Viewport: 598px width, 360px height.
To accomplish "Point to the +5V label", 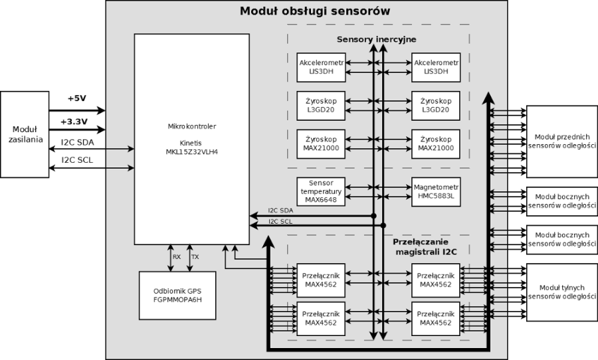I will tap(77, 98).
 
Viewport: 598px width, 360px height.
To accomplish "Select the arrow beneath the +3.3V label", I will tap(76, 130).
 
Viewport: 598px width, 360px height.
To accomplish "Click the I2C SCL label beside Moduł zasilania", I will tap(77, 160).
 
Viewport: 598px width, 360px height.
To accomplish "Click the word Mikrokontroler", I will tap(191, 126).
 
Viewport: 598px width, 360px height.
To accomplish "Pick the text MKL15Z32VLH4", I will tap(191, 151).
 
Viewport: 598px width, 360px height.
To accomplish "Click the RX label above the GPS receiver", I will tap(177, 256).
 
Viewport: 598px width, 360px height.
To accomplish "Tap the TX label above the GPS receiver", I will tap(195, 256).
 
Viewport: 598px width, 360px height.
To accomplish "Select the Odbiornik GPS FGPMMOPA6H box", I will tap(177, 295).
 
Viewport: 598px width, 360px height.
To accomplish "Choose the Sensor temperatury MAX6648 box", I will tap(321, 191).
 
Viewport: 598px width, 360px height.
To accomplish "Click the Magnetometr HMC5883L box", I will tap(437, 191).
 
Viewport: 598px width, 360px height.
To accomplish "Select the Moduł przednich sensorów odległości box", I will tap(561, 141).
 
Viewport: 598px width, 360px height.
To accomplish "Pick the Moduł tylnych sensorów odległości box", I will tap(561, 292).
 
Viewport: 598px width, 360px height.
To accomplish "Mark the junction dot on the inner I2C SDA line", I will tap(373, 216).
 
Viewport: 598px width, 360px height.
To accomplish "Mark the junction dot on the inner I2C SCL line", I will tap(384, 226).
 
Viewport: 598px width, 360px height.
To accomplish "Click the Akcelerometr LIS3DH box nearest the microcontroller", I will tap(321, 66).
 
